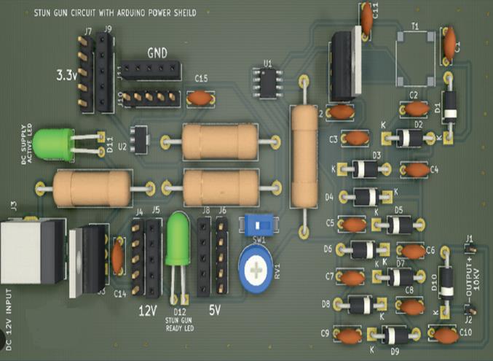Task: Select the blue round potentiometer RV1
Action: coord(256,272)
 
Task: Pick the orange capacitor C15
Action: coord(200,97)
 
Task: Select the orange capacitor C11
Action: coord(366,21)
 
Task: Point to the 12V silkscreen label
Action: coord(149,311)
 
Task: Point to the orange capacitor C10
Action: coord(444,335)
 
